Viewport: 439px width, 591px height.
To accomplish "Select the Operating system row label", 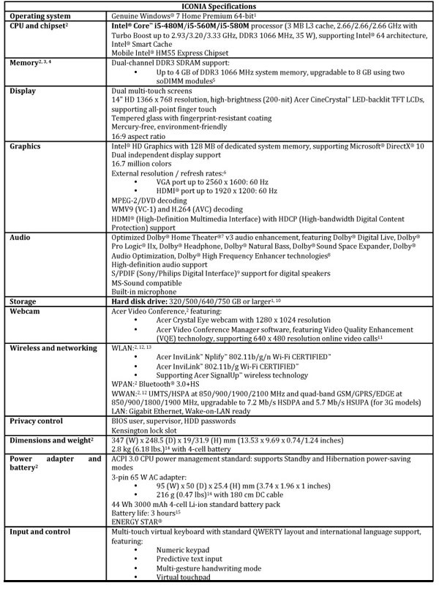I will [x=40, y=15].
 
